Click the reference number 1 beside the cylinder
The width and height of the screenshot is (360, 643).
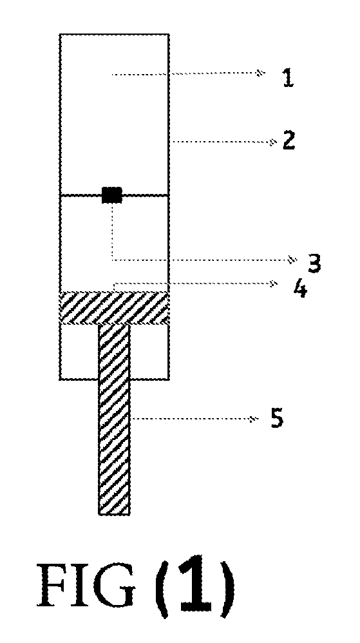coord(289,77)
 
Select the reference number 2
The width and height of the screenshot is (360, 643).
coord(289,140)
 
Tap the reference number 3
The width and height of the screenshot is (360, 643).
coord(314,263)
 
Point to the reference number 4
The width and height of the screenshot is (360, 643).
coord(300,289)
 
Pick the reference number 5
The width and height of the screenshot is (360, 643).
coord(277,419)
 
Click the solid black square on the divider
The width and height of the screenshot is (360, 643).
coord(112,195)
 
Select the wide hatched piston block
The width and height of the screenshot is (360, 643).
coord(115,308)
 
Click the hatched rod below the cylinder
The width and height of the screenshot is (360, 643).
coord(114,419)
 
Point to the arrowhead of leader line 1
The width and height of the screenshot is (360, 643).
coord(259,73)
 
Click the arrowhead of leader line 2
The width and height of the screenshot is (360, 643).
coord(271,142)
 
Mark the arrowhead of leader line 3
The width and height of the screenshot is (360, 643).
coord(292,259)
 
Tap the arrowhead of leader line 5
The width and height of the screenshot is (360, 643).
coord(253,419)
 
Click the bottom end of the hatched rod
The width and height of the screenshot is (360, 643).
coord(114,514)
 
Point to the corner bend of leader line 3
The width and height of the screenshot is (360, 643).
coord(112,260)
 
